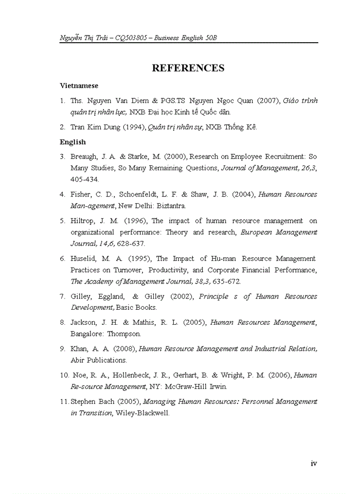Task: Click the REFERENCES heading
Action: coord(188,68)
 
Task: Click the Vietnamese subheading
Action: coord(79,86)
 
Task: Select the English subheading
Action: coord(73,142)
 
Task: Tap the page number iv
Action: coord(314,463)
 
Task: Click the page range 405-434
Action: coord(85,180)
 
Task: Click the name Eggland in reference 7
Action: coord(111,296)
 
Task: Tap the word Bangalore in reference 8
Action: coord(86,334)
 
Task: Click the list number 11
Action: coord(64,401)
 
